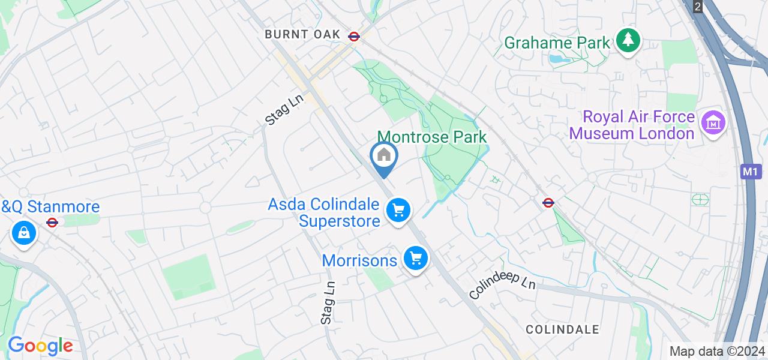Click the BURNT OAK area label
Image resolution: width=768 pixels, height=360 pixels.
click(303, 35)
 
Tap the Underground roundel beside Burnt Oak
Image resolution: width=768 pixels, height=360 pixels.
click(354, 36)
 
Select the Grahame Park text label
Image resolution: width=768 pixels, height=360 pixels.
click(557, 43)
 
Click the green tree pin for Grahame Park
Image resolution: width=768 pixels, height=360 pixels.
click(628, 41)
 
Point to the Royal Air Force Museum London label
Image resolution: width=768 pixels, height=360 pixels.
click(632, 125)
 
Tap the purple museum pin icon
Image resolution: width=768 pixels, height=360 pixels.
click(713, 124)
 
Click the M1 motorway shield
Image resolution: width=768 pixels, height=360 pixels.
click(749, 172)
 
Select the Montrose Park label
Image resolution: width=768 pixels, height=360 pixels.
click(432, 137)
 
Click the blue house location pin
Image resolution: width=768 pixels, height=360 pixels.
click(383, 157)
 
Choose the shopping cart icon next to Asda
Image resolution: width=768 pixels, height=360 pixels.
click(398, 210)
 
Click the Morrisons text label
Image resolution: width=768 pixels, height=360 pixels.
click(359, 260)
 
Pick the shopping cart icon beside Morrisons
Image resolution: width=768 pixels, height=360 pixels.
click(415, 259)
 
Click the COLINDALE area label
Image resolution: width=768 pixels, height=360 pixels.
click(562, 329)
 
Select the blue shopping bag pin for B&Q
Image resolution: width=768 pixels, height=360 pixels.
click(24, 233)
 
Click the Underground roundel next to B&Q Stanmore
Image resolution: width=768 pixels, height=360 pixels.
click(52, 223)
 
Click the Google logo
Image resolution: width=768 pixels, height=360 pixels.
click(40, 346)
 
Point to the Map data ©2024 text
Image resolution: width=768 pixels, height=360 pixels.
click(718, 351)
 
